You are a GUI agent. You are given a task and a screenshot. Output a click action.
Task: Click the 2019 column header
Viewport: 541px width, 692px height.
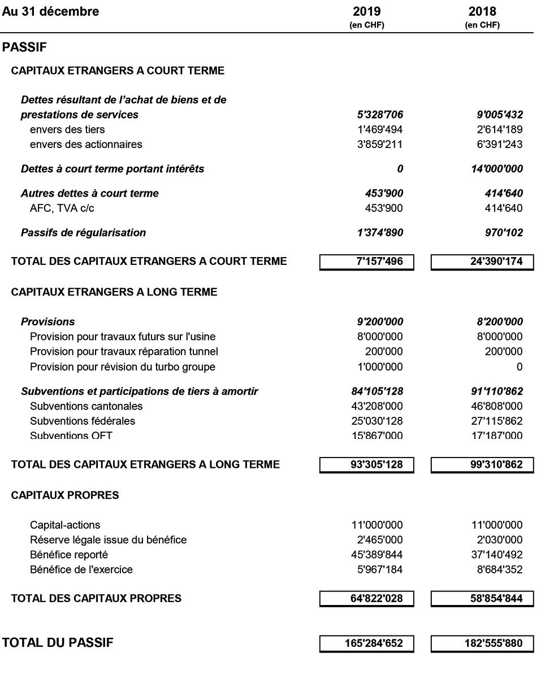[367, 12]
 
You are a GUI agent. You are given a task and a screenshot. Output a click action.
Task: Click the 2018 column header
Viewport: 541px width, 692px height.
[482, 12]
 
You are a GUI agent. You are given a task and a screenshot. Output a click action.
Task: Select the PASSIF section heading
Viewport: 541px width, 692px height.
[24, 48]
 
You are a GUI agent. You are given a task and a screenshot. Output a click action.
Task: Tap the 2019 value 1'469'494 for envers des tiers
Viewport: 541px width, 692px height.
[377, 130]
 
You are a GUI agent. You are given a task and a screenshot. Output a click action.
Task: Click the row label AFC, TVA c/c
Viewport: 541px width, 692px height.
[62, 208]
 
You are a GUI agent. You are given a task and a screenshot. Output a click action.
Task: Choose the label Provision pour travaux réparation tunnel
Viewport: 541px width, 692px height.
[124, 352]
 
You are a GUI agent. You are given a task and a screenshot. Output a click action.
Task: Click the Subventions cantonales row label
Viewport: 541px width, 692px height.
[86, 406]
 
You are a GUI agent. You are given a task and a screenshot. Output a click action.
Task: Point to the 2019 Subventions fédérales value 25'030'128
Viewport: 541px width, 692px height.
[377, 421]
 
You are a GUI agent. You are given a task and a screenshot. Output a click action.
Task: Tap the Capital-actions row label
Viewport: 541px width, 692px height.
[65, 525]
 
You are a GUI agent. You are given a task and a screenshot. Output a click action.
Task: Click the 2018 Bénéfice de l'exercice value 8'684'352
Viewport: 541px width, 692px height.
[497, 569]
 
